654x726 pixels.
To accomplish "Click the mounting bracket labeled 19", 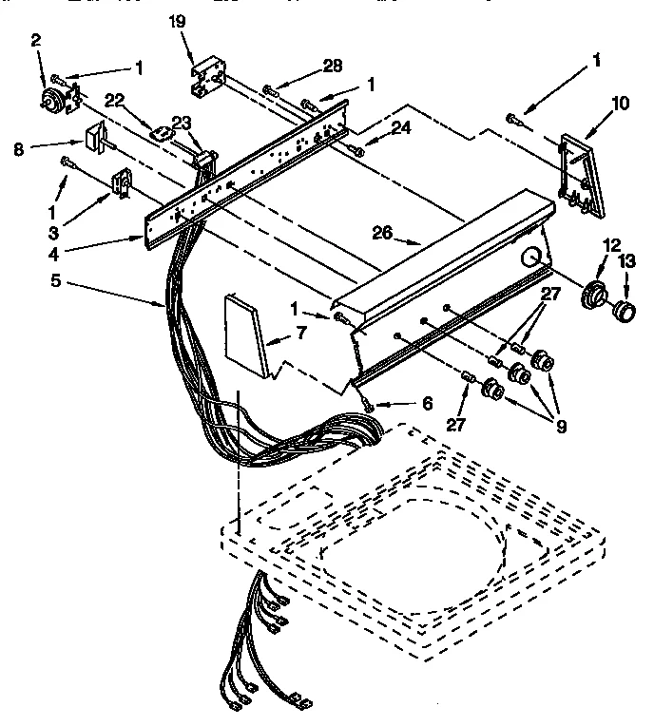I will coord(210,79).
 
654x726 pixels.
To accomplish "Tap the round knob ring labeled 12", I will coord(597,296).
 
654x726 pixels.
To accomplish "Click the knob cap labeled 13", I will coord(624,311).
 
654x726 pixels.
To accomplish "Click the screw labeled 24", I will coord(356,151).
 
